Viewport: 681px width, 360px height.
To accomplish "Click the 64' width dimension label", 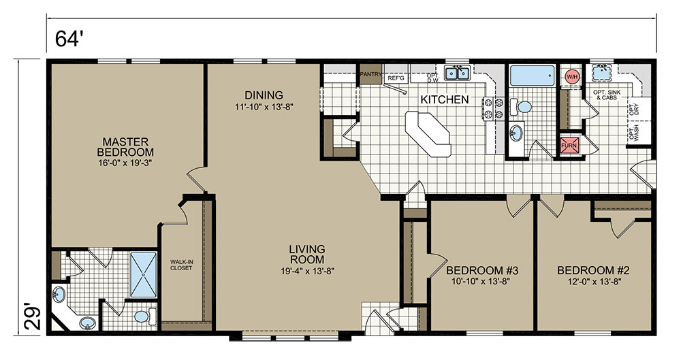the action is click(x=69, y=39).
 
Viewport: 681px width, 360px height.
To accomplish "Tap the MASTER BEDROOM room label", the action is click(x=125, y=147).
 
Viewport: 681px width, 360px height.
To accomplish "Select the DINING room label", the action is click(x=264, y=95).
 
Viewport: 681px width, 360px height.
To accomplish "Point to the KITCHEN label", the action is click(x=444, y=99).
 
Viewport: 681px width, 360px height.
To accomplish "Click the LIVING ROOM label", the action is click(x=307, y=255).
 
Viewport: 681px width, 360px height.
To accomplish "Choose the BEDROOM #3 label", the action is click(x=482, y=271).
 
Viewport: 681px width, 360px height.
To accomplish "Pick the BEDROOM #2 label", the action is click(x=593, y=271).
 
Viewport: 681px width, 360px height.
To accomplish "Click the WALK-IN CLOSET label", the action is click(x=181, y=265).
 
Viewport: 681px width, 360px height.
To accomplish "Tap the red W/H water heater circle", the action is click(x=572, y=77).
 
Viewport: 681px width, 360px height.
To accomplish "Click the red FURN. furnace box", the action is click(x=569, y=146).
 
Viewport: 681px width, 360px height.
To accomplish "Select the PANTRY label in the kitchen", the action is click(x=370, y=74).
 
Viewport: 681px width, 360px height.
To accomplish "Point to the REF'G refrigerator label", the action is click(x=396, y=78).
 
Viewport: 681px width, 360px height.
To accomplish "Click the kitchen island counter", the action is click(x=428, y=134).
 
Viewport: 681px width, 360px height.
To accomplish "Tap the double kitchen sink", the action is click(x=457, y=73).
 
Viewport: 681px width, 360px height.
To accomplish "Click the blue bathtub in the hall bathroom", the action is click(x=532, y=76).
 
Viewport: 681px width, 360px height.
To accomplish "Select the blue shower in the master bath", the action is click(x=143, y=274).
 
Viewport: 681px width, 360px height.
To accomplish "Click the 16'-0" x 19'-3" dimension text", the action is click(x=125, y=163).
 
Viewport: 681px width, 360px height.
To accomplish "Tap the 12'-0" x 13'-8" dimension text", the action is click(x=593, y=282).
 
